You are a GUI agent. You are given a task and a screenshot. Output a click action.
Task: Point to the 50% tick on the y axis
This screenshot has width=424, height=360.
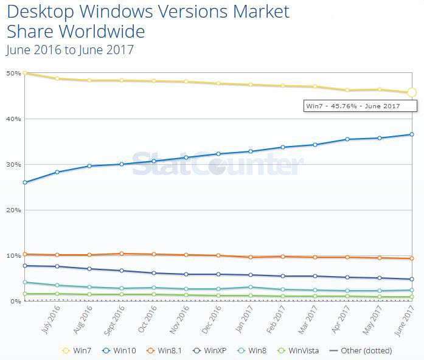(x=13, y=73)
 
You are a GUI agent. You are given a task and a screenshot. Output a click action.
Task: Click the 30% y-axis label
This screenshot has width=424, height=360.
(x=13, y=164)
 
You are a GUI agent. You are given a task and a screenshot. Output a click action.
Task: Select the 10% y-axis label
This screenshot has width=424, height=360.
(x=13, y=255)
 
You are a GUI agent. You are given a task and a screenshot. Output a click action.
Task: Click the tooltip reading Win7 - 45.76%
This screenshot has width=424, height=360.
(x=360, y=106)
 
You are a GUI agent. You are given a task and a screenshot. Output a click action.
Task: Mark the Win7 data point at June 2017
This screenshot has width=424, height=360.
(x=411, y=92)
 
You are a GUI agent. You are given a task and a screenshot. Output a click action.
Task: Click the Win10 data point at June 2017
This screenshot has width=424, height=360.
(x=411, y=134)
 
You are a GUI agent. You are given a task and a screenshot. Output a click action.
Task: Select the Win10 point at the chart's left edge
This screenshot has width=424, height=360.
(x=24, y=182)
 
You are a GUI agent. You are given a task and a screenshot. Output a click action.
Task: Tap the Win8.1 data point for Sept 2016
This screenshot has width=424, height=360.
(x=121, y=254)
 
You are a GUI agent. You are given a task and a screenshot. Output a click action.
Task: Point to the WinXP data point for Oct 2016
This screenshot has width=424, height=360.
(x=153, y=273)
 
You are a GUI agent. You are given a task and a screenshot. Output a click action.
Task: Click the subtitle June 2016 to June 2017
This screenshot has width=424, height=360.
(x=69, y=50)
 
